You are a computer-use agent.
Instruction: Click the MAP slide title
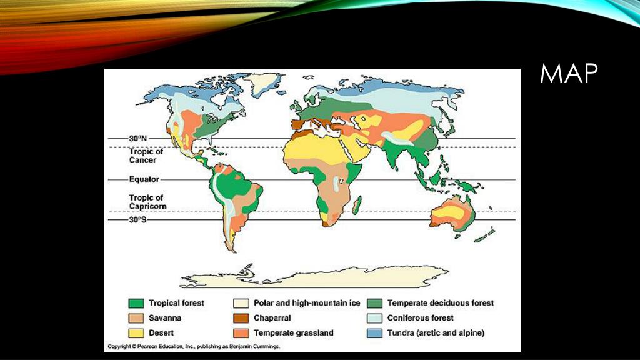(x=569, y=74)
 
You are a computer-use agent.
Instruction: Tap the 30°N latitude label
(x=137, y=138)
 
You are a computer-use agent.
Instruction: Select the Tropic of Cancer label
(x=146, y=156)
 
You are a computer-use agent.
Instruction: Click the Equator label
(x=144, y=179)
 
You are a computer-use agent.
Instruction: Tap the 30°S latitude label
(x=137, y=220)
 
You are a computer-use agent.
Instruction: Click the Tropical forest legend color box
(x=136, y=304)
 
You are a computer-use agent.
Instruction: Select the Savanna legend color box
(x=136, y=319)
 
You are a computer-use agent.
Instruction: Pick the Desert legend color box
(x=136, y=333)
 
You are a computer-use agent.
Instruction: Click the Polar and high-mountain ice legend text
(x=307, y=303)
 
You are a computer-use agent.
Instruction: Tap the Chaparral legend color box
(x=241, y=319)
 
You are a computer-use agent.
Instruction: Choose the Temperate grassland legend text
(x=293, y=333)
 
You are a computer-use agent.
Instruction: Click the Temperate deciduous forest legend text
(x=440, y=303)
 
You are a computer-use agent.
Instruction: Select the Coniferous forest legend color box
(x=375, y=319)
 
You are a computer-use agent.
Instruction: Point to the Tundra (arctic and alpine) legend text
(x=436, y=333)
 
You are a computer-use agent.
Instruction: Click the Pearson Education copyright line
(x=194, y=346)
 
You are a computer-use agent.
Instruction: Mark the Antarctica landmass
(x=312, y=277)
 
